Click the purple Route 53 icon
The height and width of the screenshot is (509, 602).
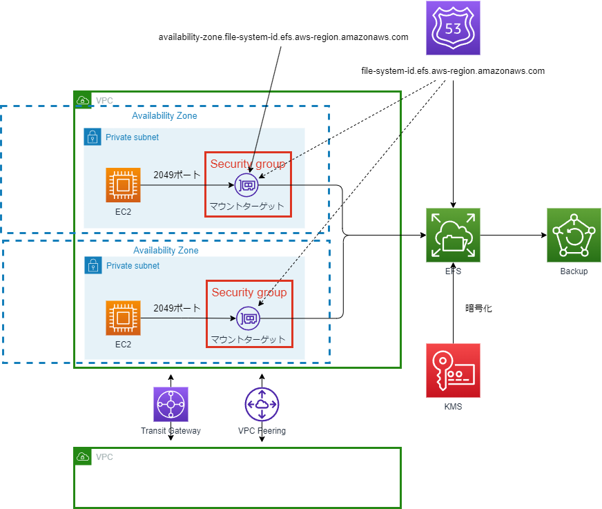(x=453, y=28)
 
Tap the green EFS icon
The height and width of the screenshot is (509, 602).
(x=453, y=236)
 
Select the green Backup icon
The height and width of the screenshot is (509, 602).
(x=574, y=236)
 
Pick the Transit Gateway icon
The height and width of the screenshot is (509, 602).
(x=171, y=404)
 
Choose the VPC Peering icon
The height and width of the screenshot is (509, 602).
(x=262, y=404)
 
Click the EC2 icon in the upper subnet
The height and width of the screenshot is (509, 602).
(x=124, y=185)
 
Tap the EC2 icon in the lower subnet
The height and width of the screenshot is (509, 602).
(x=124, y=318)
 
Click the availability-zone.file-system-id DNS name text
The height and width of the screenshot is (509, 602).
(x=284, y=37)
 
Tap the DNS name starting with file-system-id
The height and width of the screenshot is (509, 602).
(x=453, y=71)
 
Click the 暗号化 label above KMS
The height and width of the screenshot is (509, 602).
(x=478, y=309)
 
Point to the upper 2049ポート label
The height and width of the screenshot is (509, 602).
(x=177, y=175)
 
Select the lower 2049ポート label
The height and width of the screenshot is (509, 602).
(x=177, y=309)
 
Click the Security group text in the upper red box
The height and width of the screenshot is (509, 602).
(x=248, y=164)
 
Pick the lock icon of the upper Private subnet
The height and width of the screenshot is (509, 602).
(x=93, y=137)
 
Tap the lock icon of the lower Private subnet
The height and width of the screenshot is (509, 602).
(x=93, y=265)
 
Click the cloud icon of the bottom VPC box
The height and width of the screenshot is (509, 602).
(x=83, y=457)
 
